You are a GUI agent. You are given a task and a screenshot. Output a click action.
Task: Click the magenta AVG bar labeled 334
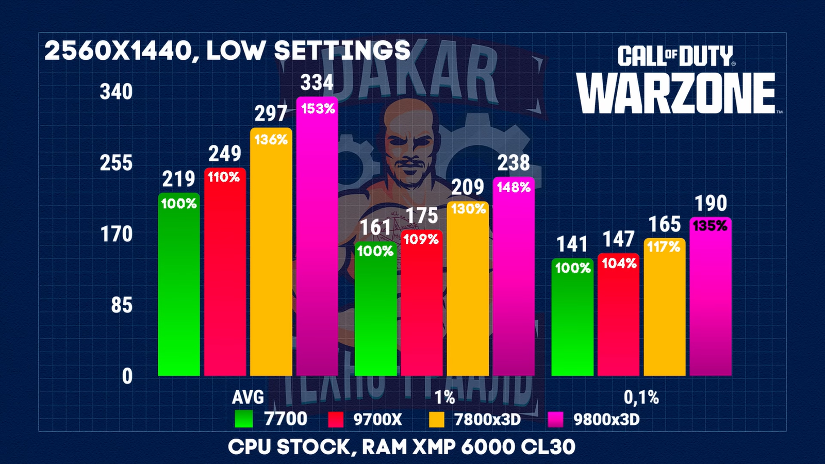[317, 242]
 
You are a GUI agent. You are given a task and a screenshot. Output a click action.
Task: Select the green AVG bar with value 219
[179, 289]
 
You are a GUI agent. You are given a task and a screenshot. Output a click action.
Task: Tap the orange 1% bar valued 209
[468, 294]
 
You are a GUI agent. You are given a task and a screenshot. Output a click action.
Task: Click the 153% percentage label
[318, 109]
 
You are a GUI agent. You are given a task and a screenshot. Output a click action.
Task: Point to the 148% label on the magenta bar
[514, 187]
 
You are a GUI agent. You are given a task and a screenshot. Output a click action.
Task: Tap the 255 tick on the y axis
[116, 163]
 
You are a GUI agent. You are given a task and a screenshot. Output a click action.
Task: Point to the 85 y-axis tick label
[122, 306]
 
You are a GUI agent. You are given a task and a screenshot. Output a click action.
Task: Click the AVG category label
[248, 397]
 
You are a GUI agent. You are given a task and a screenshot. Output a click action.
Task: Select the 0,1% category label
[641, 397]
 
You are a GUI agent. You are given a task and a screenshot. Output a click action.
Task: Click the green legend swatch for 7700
[243, 419]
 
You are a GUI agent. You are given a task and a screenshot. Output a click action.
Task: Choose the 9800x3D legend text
[606, 419]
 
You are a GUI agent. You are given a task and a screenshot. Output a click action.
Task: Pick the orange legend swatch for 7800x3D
[437, 419]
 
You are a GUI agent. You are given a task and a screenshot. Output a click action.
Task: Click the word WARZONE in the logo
[675, 93]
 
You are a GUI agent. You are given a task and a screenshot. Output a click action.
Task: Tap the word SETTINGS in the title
[342, 51]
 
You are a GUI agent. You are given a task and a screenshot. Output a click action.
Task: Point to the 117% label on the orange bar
[664, 247]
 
